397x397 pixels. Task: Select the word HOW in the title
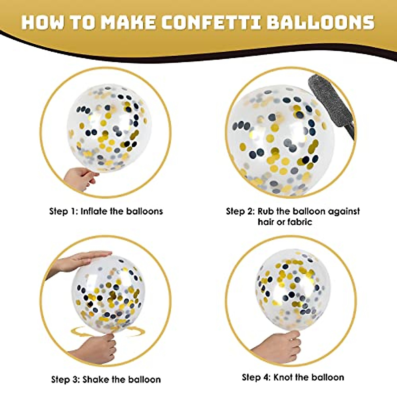(x=41, y=22)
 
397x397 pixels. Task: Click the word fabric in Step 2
(x=299, y=222)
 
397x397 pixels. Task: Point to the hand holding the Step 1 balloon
(x=78, y=179)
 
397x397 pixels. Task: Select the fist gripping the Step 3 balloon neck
(x=96, y=347)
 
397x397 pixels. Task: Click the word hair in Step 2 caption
(x=265, y=222)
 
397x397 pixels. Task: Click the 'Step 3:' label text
(x=65, y=379)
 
